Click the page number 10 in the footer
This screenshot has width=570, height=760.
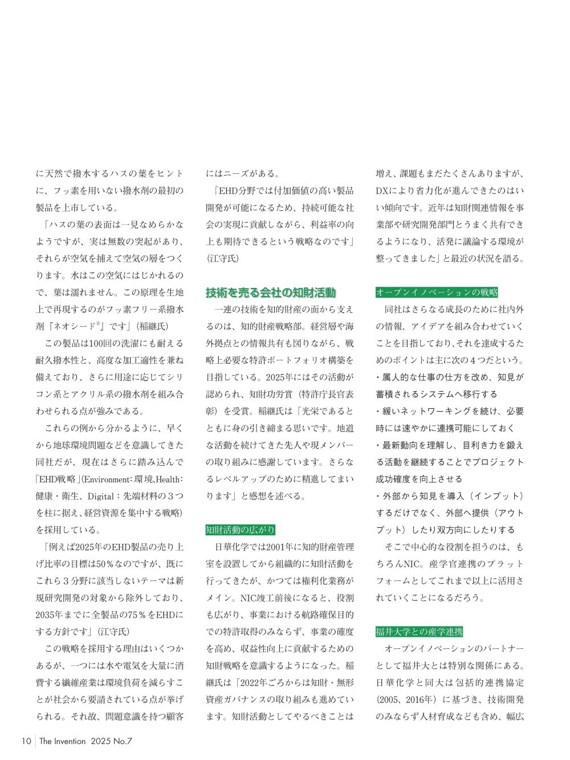(26, 741)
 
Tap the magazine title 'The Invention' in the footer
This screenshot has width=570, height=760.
(63, 741)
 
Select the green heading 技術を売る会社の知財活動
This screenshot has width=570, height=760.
(271, 293)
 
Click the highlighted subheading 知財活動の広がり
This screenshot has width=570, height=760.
(240, 530)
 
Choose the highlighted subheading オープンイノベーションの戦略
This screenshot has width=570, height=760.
(437, 292)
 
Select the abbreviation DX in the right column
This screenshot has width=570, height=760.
(382, 191)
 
